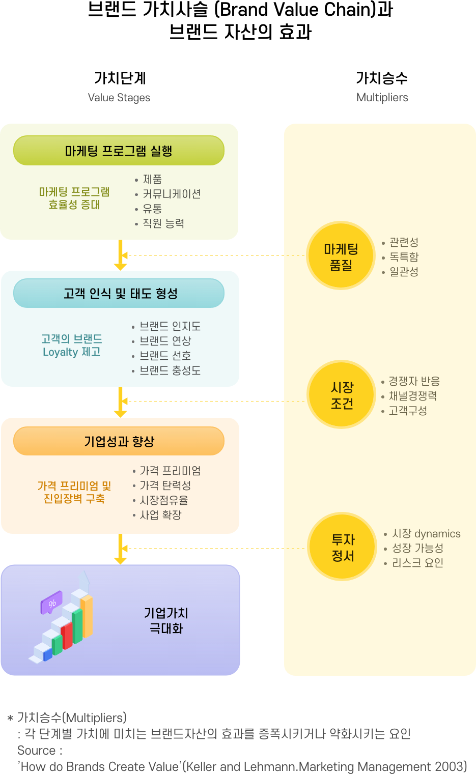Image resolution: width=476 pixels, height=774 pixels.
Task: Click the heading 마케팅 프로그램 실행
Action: point(119,151)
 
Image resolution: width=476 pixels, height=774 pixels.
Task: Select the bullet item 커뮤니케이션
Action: point(172,194)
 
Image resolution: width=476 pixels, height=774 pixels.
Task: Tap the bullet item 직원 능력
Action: point(163,223)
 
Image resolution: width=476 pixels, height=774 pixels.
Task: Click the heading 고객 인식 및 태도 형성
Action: point(120,294)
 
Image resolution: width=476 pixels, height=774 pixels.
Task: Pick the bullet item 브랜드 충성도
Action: point(170,370)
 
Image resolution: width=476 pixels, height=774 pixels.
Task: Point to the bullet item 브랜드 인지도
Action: point(170,326)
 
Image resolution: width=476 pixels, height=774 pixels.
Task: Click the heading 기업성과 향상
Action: point(119,441)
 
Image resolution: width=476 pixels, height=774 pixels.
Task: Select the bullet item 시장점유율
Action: point(164,500)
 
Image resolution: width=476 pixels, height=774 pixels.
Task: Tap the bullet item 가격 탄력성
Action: point(165,485)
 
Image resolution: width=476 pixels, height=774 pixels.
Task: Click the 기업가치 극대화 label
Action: point(166,621)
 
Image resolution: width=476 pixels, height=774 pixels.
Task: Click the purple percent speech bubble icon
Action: point(51,603)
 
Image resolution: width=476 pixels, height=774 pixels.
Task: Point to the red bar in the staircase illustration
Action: point(67,636)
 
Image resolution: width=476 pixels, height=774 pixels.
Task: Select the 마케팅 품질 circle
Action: point(341,257)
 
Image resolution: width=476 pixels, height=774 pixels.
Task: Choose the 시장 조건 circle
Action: point(342,395)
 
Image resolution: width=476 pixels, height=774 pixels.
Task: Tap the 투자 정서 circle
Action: point(343,548)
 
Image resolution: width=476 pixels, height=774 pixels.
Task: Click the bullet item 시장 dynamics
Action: point(426,534)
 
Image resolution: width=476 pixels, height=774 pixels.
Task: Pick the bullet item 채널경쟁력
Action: point(413,396)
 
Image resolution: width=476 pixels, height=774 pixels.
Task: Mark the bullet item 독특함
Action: point(404,257)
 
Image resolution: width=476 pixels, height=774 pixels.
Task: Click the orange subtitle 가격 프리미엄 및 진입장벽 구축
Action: point(74,492)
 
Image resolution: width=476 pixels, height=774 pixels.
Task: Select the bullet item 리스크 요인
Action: point(417,563)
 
